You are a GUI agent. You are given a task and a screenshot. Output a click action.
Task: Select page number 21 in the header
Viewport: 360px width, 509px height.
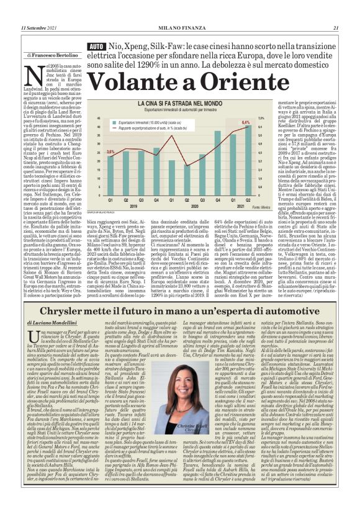pos(335,27)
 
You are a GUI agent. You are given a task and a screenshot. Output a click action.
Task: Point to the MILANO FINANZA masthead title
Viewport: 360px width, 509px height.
pos(180,27)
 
